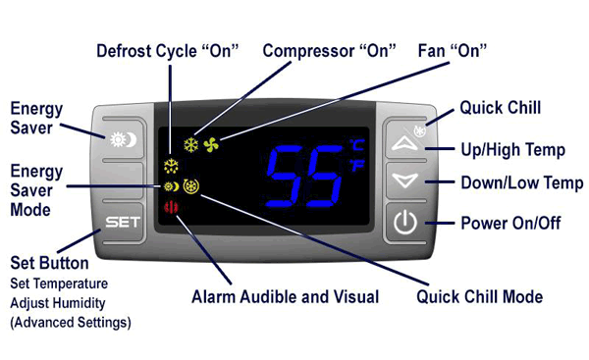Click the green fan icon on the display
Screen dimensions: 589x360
point(212,146)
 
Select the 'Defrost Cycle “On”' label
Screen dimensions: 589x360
point(166,48)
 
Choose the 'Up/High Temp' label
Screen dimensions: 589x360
point(511,149)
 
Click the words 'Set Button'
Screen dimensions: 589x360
point(49,263)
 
